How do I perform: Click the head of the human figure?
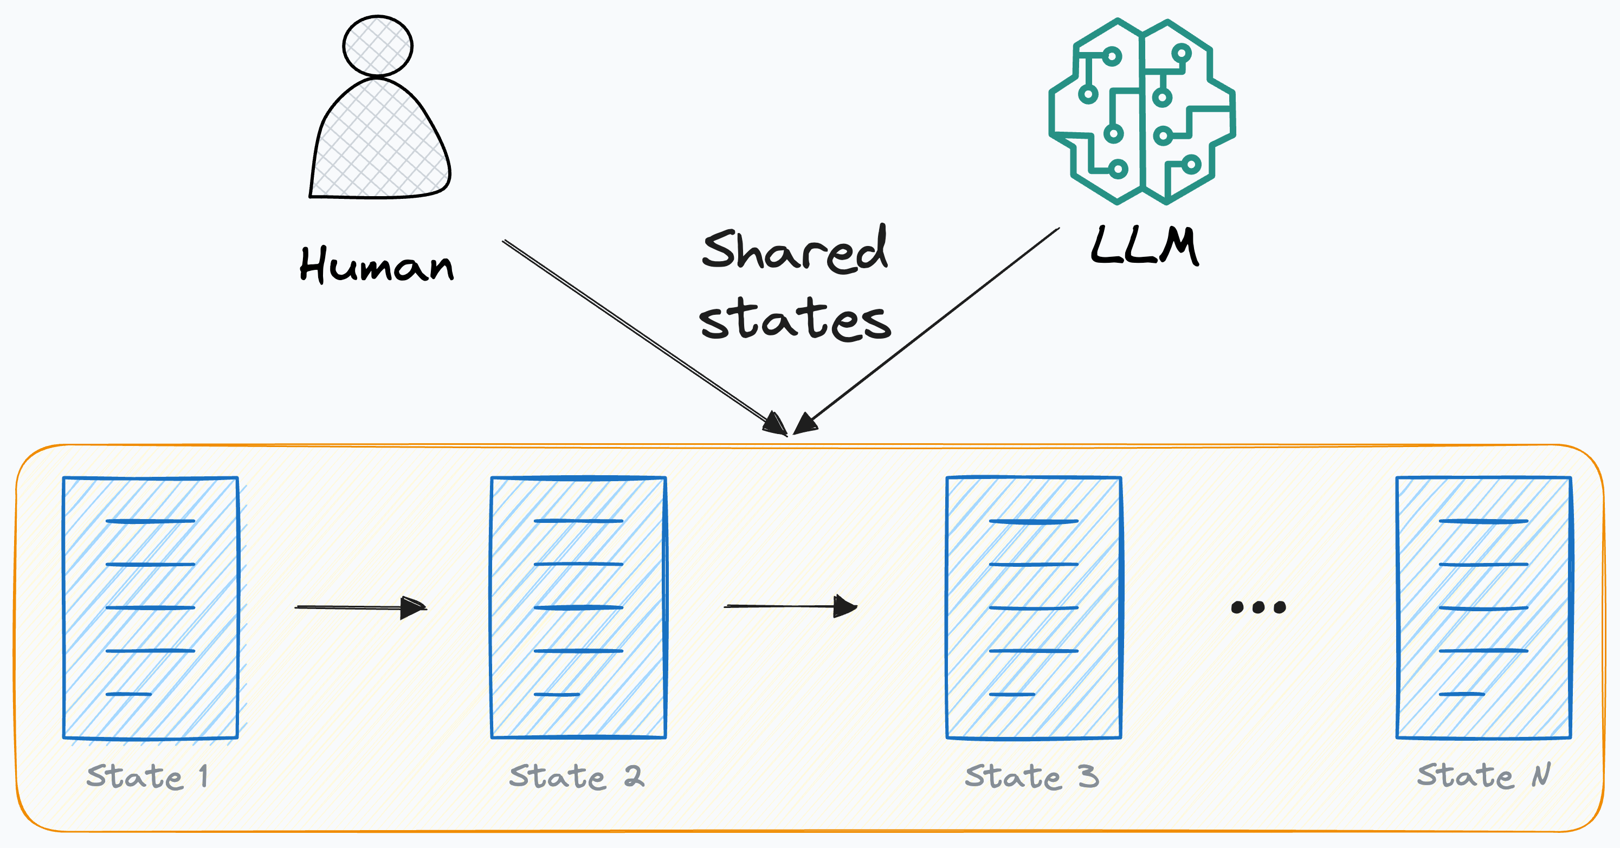[377, 46]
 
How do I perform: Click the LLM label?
[1145, 247]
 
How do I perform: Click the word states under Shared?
[795, 319]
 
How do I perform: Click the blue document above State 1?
[150, 607]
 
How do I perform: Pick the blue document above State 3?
[1033, 607]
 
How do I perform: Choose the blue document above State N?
[1483, 607]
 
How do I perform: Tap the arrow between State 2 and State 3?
[790, 606]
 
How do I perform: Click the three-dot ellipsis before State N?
[1258, 607]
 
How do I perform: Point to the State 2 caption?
[576, 776]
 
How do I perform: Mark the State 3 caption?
[1031, 776]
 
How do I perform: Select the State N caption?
[1483, 775]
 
